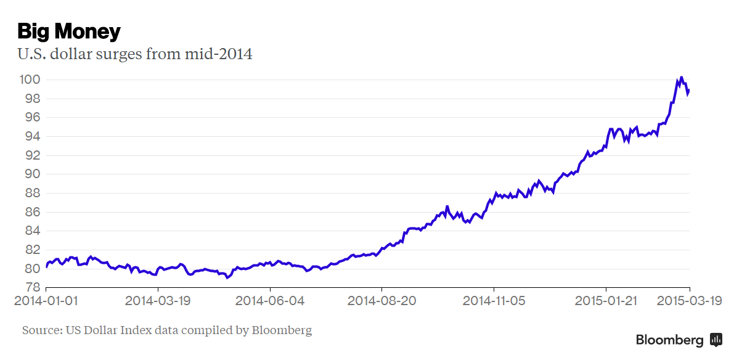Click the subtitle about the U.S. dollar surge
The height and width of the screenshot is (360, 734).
coord(135,54)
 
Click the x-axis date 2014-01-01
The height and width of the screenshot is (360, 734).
coord(46,301)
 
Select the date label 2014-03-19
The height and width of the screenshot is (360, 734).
coord(158,301)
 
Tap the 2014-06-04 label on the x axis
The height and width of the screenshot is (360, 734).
coord(271,301)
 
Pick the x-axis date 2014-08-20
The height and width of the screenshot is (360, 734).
coord(382,301)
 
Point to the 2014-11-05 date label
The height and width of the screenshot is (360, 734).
coord(494,301)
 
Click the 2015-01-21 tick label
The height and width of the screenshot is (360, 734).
coord(606,301)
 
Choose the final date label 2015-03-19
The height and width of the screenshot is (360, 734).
coord(688,301)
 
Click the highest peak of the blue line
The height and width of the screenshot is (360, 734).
coord(681,77)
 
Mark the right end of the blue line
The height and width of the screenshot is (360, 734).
coord(689,91)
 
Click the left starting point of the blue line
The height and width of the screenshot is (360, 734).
coord(46,267)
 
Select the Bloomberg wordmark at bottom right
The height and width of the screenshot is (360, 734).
coord(669,340)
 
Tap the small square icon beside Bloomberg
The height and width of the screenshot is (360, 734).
coord(716,339)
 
